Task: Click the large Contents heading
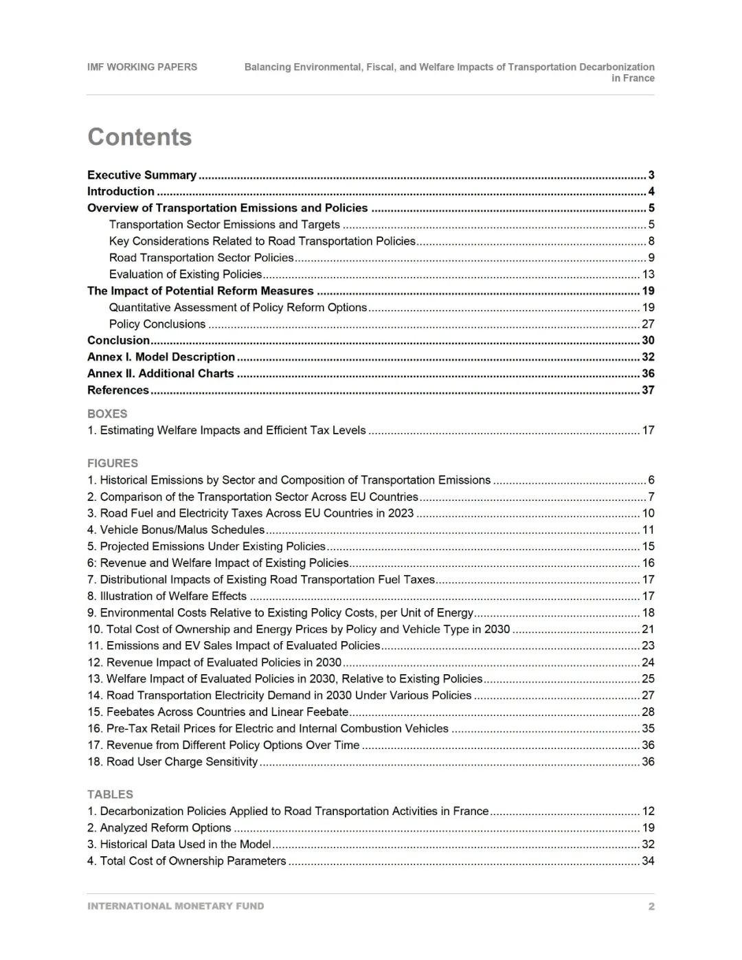click(139, 137)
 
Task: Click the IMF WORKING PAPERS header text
click(142, 67)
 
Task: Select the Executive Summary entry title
click(142, 175)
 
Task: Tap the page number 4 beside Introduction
click(651, 192)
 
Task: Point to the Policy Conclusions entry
click(157, 324)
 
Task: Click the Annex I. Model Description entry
click(161, 357)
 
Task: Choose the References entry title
click(118, 390)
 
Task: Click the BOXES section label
click(107, 414)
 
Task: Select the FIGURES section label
click(113, 463)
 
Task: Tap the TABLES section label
click(110, 794)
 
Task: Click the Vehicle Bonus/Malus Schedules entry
click(176, 530)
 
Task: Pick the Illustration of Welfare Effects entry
click(167, 596)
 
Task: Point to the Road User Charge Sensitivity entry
click(172, 761)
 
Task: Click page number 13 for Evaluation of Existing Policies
click(648, 274)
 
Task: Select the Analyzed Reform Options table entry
click(159, 827)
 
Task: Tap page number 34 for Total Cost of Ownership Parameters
click(648, 861)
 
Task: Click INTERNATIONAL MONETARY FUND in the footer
click(176, 906)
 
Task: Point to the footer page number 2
click(651, 906)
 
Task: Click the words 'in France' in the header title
click(633, 78)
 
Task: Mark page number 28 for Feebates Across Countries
click(648, 712)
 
